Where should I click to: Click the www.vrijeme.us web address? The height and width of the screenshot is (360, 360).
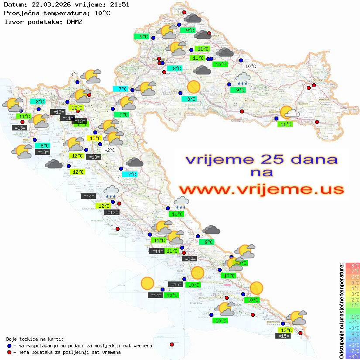(x=261, y=189)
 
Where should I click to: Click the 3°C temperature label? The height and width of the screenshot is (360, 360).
(x=75, y=75)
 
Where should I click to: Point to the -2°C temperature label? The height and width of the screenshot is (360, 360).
(x=110, y=150)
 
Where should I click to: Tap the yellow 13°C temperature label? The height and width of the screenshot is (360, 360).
(x=94, y=138)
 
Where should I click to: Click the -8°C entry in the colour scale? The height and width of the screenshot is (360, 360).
(x=352, y=356)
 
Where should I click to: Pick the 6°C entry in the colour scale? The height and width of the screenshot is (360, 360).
(x=352, y=277)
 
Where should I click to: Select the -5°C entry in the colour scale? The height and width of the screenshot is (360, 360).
(x=352, y=339)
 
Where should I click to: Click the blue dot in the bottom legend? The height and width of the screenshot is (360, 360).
(x=9, y=346)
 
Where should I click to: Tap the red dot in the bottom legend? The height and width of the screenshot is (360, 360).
(x=9, y=352)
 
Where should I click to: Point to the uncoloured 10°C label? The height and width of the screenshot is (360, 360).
(x=250, y=66)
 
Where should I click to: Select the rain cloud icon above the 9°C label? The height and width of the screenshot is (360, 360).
(x=242, y=79)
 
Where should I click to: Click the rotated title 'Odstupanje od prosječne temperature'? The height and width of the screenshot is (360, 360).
(x=341, y=311)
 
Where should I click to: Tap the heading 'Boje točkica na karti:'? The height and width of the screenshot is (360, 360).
(x=35, y=339)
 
